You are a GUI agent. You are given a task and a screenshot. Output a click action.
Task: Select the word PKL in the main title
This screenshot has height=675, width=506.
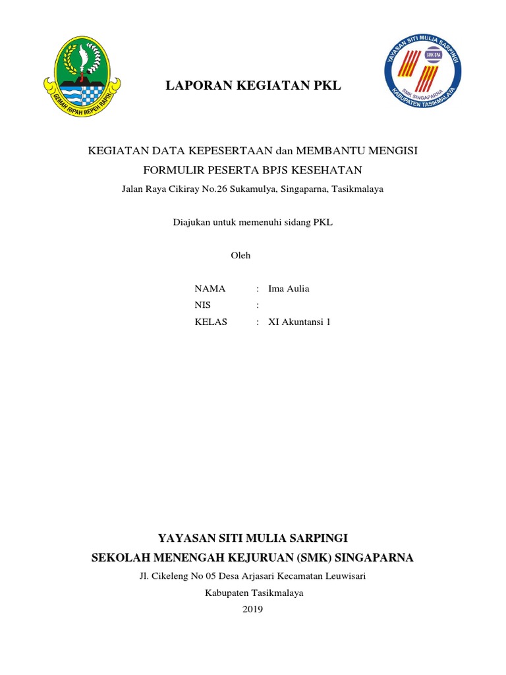click(x=328, y=86)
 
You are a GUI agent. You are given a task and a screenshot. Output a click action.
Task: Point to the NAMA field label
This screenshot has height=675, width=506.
click(x=210, y=289)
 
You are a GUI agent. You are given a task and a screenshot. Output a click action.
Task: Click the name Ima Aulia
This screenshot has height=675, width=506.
click(x=289, y=289)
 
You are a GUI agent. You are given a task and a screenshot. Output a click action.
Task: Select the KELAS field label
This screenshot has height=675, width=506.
click(x=211, y=322)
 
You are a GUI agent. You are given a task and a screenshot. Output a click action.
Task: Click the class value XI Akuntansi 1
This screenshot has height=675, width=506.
click(x=299, y=322)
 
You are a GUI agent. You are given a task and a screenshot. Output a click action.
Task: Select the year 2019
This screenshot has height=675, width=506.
click(x=252, y=609)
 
